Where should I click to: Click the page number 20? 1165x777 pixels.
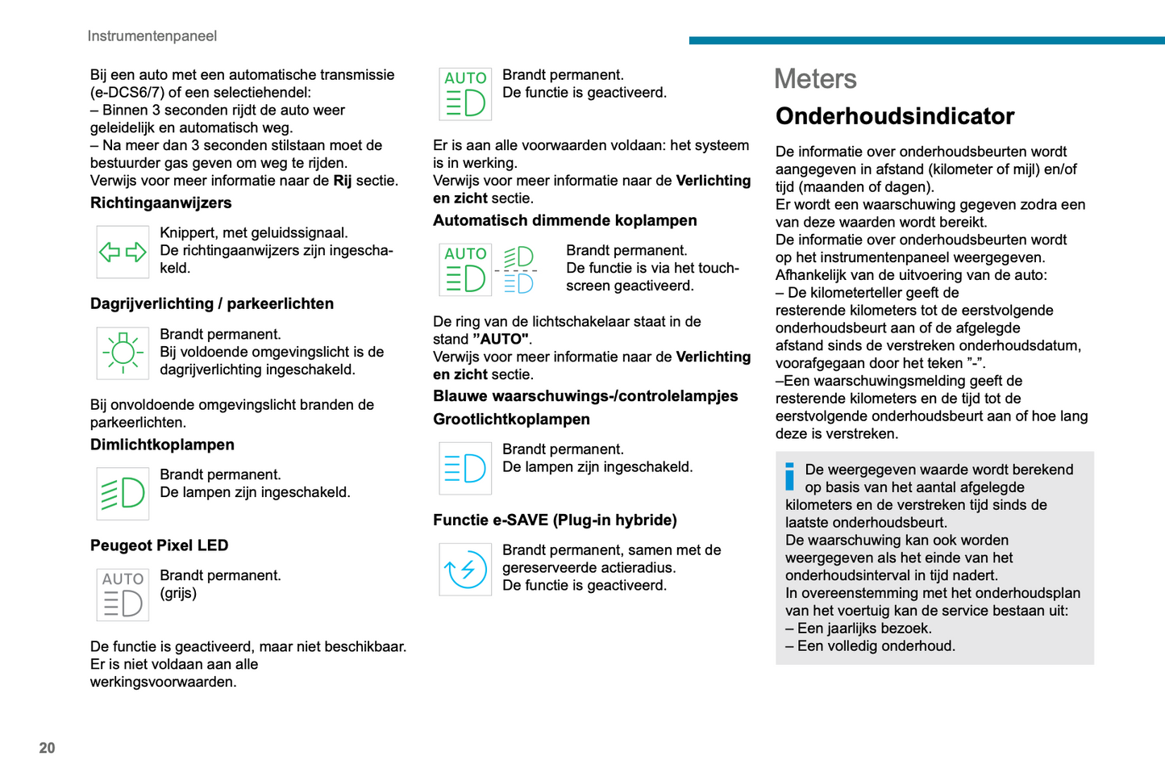pyautogui.click(x=48, y=748)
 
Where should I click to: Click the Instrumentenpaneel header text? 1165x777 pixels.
pyautogui.click(x=152, y=36)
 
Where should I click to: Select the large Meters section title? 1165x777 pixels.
pyautogui.click(x=815, y=79)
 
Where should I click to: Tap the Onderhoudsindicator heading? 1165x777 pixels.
pyautogui.click(x=894, y=116)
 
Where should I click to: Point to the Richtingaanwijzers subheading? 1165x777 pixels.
pyautogui.click(x=161, y=203)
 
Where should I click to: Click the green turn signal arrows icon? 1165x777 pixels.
pyautogui.click(x=123, y=252)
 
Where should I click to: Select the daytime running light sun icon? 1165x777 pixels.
pyautogui.click(x=123, y=353)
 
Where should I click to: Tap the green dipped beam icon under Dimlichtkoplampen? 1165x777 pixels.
pyautogui.click(x=123, y=493)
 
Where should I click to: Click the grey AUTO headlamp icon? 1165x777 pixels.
pyautogui.click(x=123, y=594)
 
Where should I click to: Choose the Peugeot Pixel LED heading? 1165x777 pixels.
pyautogui.click(x=160, y=545)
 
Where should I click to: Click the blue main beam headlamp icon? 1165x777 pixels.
pyautogui.click(x=465, y=468)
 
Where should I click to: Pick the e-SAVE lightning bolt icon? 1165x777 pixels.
pyautogui.click(x=465, y=569)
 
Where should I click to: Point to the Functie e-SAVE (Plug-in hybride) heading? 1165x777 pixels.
pyautogui.click(x=555, y=520)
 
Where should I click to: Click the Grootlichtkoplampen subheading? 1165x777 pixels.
pyautogui.click(x=511, y=420)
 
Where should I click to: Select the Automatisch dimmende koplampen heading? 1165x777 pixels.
pyautogui.click(x=564, y=221)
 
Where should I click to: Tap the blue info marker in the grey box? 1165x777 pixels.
pyautogui.click(x=790, y=476)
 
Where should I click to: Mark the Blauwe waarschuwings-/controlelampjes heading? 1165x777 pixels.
pyautogui.click(x=585, y=396)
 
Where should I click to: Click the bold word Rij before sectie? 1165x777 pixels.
pyautogui.click(x=343, y=181)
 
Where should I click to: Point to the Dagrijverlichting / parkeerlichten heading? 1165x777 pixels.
pyautogui.click(x=212, y=304)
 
